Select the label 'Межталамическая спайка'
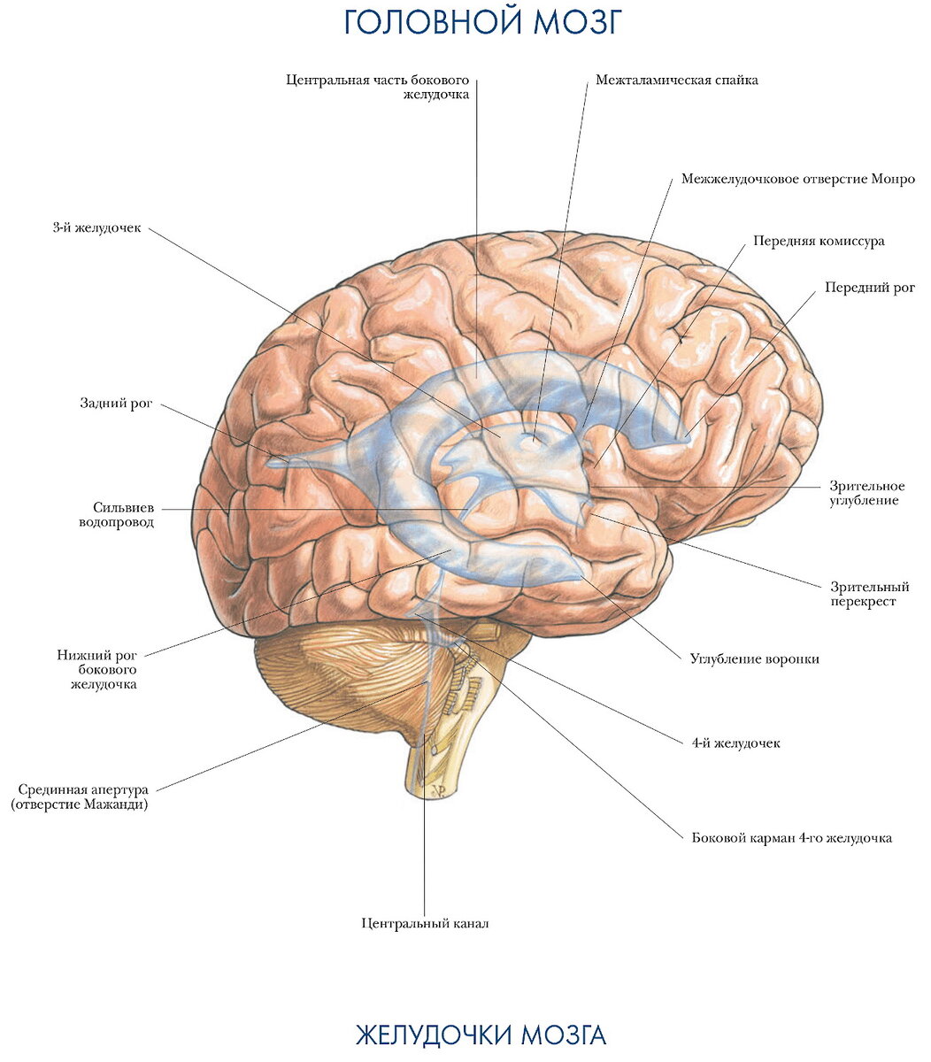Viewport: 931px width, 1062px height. coord(676,81)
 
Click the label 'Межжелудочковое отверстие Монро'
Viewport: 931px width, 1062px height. coord(798,180)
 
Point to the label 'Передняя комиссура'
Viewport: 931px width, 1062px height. coord(819,241)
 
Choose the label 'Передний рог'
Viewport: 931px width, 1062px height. coord(870,288)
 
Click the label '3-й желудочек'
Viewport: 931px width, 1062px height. coord(97,228)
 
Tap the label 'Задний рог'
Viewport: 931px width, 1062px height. coord(116,403)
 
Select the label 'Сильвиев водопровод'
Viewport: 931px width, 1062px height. coord(117,515)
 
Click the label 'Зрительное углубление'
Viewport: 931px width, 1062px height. coord(866,493)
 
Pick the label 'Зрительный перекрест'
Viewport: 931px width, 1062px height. coord(870,594)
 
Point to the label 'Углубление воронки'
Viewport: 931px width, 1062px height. coord(754,659)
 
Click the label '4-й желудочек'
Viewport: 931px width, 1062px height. coord(735,743)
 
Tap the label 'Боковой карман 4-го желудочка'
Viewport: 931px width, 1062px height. coord(791,837)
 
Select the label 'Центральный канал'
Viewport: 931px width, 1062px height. coord(425,922)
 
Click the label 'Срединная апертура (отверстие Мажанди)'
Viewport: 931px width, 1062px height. coord(80,796)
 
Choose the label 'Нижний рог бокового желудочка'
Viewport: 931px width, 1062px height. coord(97,669)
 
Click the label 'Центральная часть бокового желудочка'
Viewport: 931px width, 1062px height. coord(377,87)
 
